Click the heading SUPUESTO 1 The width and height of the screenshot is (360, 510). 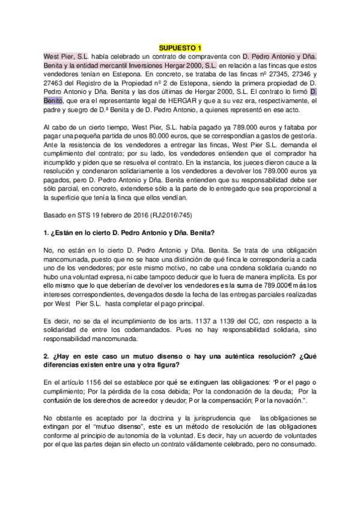pyautogui.click(x=180, y=48)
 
